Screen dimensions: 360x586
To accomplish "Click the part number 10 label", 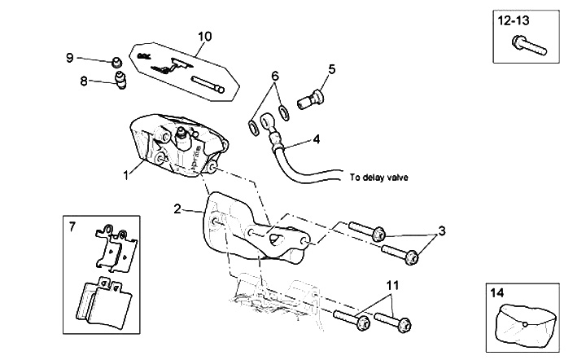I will (204, 36).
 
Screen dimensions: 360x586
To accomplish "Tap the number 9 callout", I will (70, 57).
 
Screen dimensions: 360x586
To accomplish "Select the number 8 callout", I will (84, 80).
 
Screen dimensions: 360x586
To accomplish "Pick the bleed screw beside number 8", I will (122, 81).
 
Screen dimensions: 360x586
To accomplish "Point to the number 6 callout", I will (275, 76).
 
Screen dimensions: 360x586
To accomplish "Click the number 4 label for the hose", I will (317, 139).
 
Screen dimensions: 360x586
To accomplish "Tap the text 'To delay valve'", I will (378, 177).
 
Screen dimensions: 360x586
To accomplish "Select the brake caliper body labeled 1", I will (175, 147).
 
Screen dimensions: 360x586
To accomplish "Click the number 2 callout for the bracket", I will (177, 209).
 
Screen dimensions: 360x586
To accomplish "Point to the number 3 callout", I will (442, 231).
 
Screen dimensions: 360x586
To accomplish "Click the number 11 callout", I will (392, 285).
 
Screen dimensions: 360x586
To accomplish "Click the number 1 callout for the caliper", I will (126, 174).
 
